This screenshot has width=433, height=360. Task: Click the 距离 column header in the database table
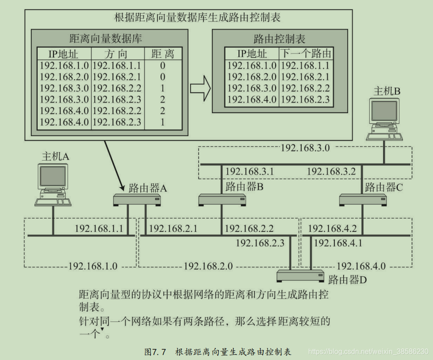[x=163, y=54]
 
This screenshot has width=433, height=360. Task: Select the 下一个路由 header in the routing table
[x=306, y=54]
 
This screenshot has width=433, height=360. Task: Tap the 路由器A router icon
[x=136, y=200]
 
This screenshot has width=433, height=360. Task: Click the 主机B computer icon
[x=384, y=117]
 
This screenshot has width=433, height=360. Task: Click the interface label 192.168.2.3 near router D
[x=260, y=243]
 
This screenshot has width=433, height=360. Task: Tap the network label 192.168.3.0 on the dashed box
[x=305, y=148]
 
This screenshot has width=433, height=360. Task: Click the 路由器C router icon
[x=361, y=200]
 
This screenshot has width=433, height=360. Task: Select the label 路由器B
[x=244, y=187]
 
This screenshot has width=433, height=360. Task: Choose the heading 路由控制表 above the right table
[x=279, y=39]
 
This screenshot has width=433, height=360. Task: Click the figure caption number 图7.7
[x=155, y=352]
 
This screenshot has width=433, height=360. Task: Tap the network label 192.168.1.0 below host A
[x=92, y=266]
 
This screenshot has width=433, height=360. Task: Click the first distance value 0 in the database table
[x=163, y=65]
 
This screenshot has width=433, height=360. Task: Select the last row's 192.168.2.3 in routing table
[x=306, y=100]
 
